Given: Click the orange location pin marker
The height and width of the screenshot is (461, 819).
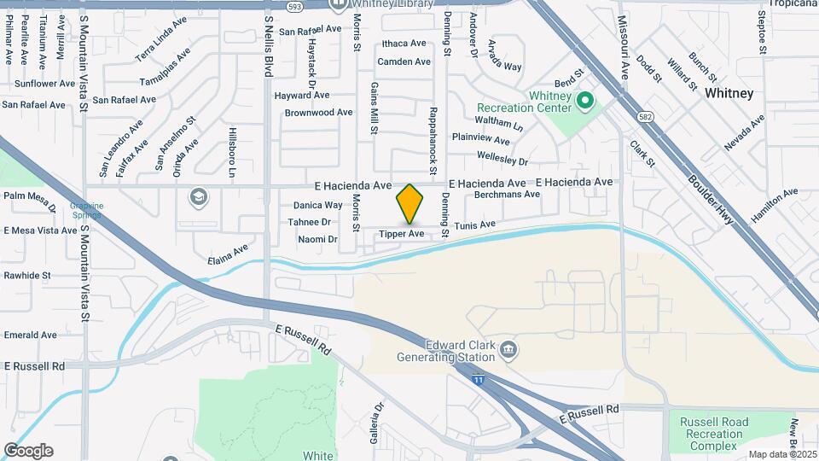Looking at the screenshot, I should click(409, 204).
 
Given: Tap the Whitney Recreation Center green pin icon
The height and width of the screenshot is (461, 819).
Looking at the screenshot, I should click(584, 102).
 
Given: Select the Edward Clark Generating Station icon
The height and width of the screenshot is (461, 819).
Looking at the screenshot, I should click(508, 348).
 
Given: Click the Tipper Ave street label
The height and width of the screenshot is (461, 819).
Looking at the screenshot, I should click(402, 234).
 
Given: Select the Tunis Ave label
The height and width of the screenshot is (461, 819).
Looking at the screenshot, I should click(474, 225).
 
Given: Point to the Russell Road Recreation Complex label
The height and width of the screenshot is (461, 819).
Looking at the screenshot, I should click(715, 434).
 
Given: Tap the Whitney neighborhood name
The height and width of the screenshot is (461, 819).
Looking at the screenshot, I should click(729, 94).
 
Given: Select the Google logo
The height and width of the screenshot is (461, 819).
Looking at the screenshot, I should click(27, 450).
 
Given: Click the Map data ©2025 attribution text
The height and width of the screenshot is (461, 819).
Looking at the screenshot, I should click(782, 454).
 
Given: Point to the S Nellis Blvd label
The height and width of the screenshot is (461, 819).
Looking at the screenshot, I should click(268, 42).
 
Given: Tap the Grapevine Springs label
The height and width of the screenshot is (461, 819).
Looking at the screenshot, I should click(86, 210).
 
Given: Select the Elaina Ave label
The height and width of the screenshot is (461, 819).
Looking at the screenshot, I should click(228, 254).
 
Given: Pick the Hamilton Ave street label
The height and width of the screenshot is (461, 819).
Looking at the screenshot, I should click(774, 206).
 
